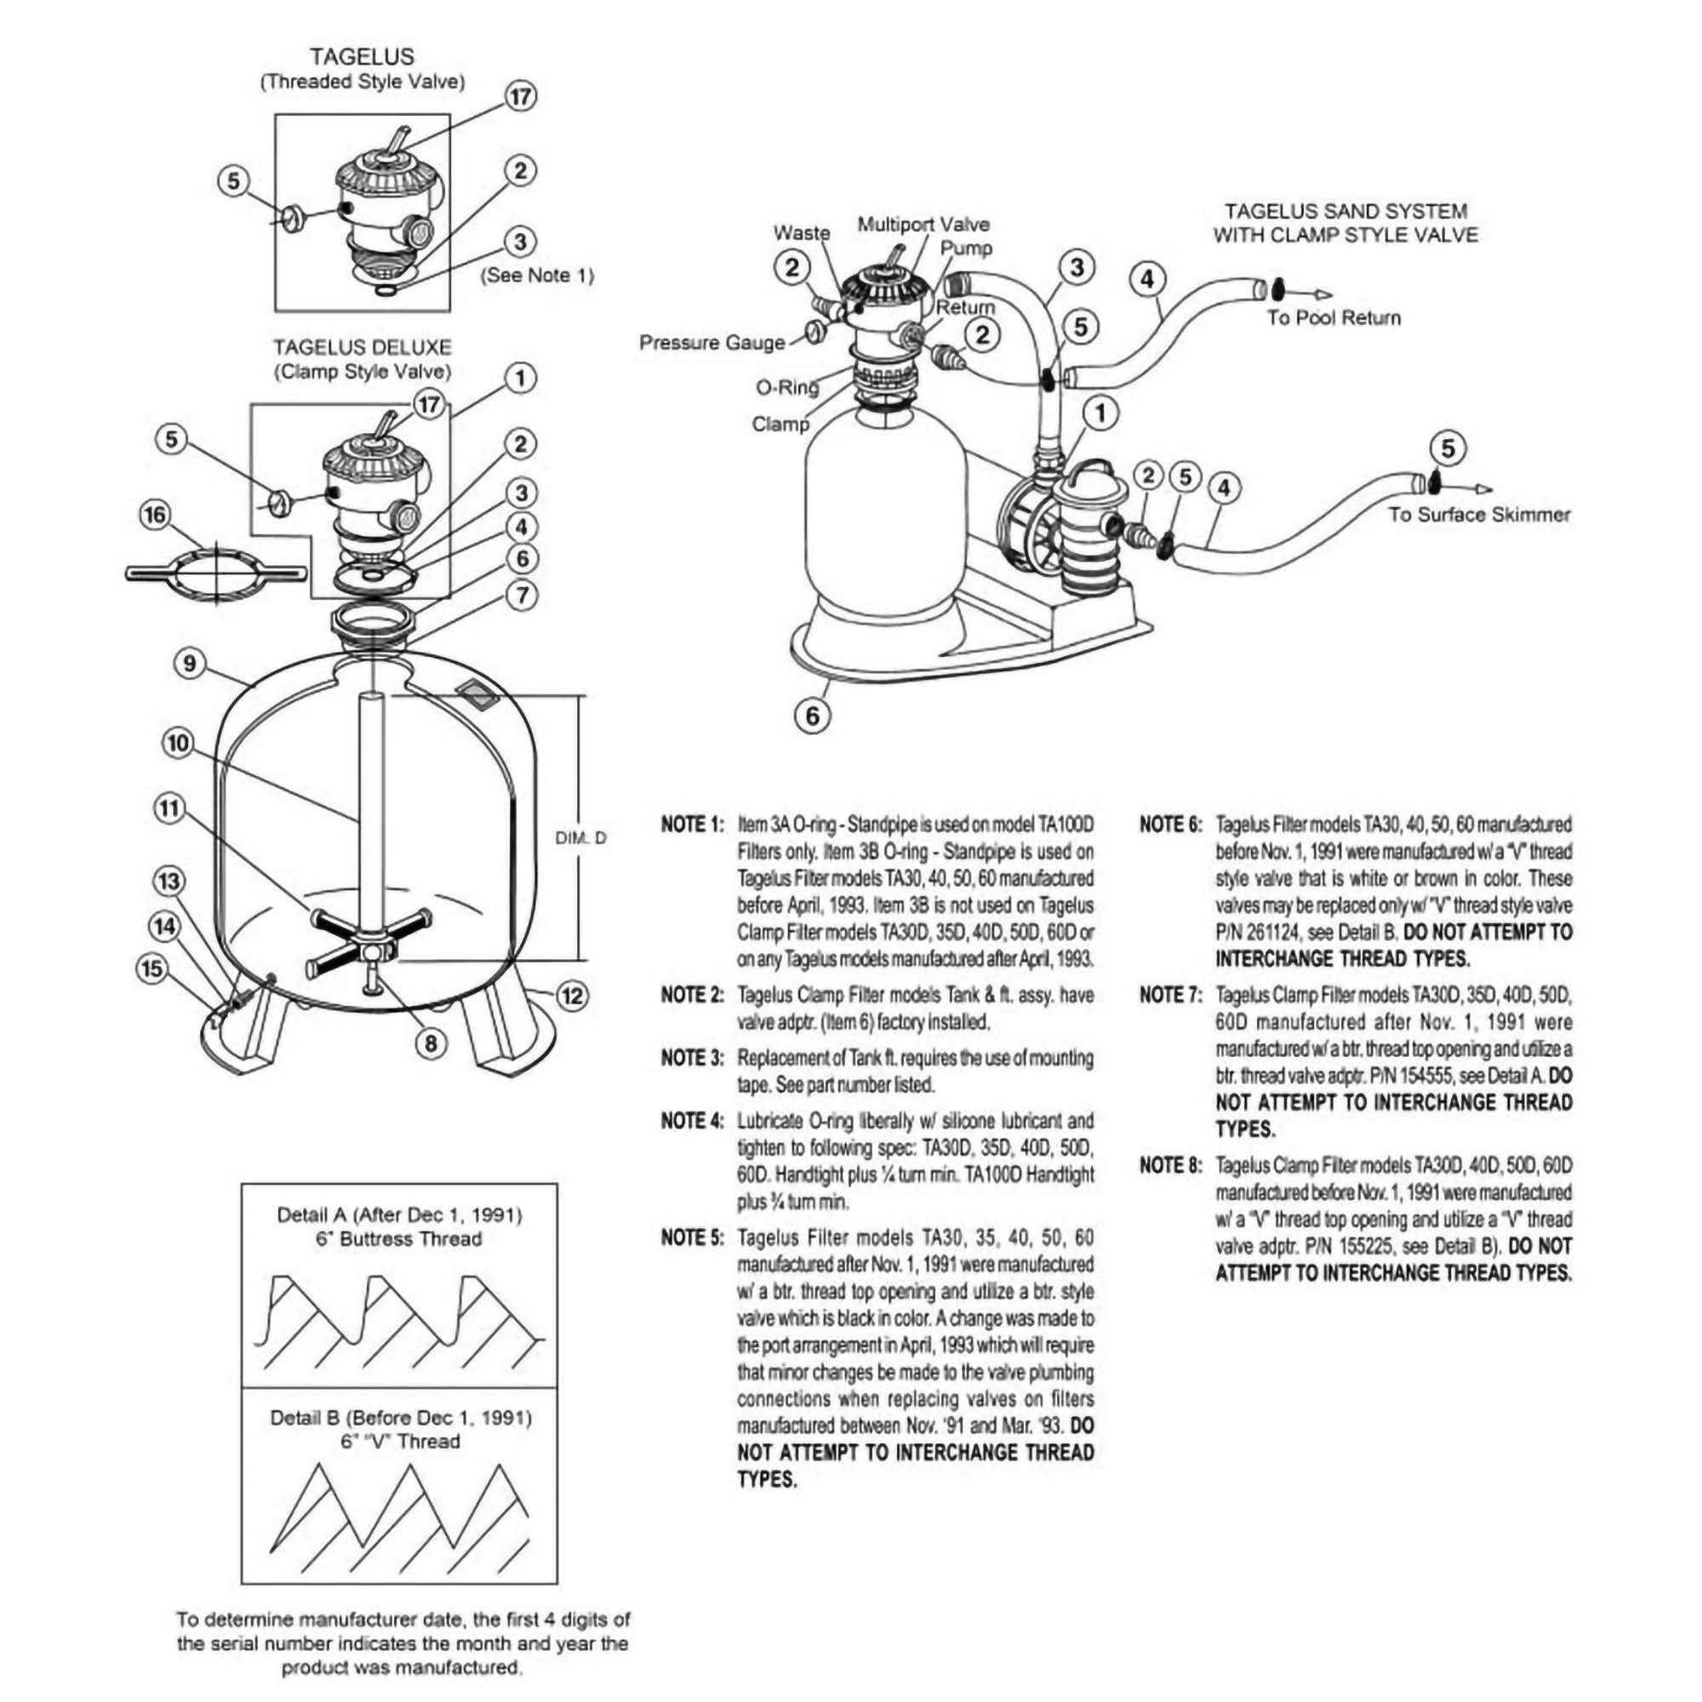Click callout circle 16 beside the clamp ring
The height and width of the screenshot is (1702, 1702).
[156, 516]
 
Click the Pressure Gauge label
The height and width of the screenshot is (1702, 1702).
[711, 343]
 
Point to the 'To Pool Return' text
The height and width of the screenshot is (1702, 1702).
[1333, 318]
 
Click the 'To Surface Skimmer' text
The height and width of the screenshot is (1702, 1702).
[1479, 516]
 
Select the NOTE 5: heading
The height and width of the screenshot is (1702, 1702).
[692, 1237]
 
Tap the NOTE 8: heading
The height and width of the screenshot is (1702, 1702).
[1170, 1166]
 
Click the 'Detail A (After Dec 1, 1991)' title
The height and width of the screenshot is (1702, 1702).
[399, 1216]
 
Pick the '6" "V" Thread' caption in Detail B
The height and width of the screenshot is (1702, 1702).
[400, 1442]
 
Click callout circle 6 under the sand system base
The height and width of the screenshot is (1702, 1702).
[812, 716]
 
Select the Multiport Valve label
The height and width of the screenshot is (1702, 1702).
[923, 225]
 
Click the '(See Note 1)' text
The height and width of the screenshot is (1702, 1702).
[536, 275]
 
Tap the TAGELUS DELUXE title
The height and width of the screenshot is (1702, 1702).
[362, 347]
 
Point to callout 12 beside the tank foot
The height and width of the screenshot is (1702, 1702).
[573, 997]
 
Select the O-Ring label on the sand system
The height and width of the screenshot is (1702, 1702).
[786, 386]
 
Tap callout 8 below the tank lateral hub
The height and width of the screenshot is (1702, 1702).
[430, 1044]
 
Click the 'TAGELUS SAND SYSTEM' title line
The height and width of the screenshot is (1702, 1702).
[1345, 211]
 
